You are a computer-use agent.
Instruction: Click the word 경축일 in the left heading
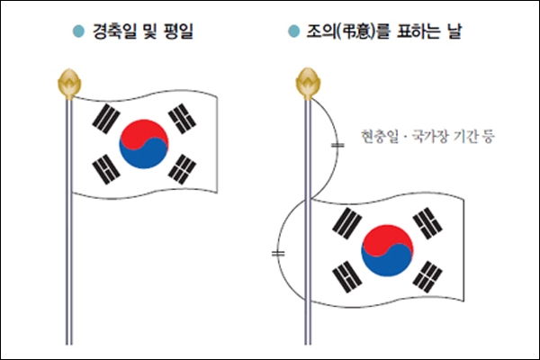pyautogui.click(x=114, y=31)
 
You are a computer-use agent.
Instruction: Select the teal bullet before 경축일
pyautogui.click(x=78, y=31)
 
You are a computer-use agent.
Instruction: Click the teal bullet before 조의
pyautogui.click(x=293, y=31)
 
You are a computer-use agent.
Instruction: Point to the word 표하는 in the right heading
pyautogui.click(x=418, y=31)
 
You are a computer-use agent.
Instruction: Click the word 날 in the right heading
pyautogui.click(x=454, y=31)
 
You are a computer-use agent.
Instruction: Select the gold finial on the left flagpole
pyautogui.click(x=69, y=84)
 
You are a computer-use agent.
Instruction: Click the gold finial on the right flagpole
pyautogui.click(x=308, y=84)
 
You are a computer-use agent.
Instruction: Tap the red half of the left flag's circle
pyautogui.click(x=143, y=132)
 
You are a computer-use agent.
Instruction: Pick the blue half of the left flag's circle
pyautogui.click(x=145, y=157)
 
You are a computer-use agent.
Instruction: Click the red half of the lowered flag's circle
pyautogui.click(x=386, y=238)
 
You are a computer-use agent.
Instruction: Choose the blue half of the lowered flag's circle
pyautogui.click(x=389, y=264)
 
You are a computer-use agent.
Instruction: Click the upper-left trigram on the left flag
pyautogui.click(x=106, y=118)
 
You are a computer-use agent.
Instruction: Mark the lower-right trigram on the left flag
pyautogui.click(x=182, y=169)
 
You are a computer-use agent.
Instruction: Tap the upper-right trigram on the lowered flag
pyautogui.click(x=427, y=223)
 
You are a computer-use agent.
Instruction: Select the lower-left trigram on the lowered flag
pyautogui.click(x=347, y=276)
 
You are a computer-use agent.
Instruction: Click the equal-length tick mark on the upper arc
pyautogui.click(x=337, y=145)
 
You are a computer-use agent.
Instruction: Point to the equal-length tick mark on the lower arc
pyautogui.click(x=278, y=254)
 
